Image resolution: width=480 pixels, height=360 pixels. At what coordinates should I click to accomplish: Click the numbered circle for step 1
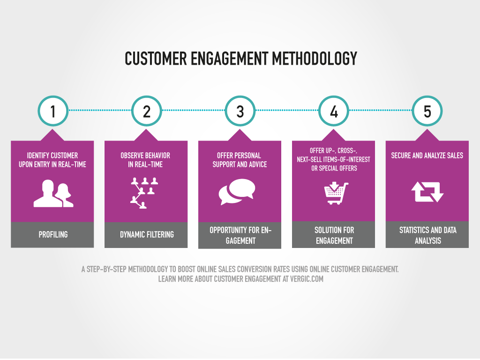[x=53, y=111]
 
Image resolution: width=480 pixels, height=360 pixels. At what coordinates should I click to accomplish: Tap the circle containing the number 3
[x=240, y=111]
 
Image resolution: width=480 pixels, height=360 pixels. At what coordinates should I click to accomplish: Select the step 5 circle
[x=427, y=111]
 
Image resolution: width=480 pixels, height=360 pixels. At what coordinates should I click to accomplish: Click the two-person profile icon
[x=53, y=193]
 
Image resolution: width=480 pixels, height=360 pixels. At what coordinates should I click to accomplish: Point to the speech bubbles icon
[x=237, y=192]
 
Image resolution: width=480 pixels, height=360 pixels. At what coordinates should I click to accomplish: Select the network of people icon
[x=143, y=193]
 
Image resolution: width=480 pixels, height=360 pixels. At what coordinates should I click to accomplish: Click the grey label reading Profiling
[x=53, y=234]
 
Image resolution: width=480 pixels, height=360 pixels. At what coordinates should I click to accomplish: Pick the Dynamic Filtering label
[x=146, y=234]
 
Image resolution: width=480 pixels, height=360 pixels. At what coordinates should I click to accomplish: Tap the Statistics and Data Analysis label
[x=427, y=235]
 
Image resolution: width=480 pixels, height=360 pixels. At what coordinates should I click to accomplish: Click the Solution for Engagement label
[x=334, y=235]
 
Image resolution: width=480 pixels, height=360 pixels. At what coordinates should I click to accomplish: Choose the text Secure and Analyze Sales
[x=427, y=156]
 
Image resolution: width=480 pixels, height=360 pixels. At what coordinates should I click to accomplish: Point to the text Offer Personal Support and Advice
[x=240, y=160]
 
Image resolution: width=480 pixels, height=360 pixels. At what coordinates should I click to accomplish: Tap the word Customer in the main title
[x=155, y=59]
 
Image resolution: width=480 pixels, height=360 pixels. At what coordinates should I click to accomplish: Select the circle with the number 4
[x=334, y=111]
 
